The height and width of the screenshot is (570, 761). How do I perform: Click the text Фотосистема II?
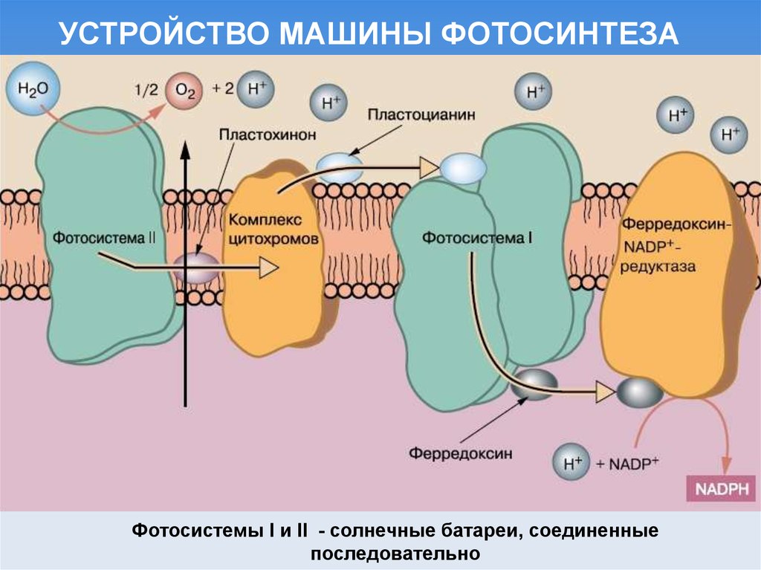click(x=104, y=239)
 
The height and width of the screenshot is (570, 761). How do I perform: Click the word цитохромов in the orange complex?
click(x=274, y=240)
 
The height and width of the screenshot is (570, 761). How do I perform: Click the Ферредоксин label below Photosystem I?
click(x=460, y=453)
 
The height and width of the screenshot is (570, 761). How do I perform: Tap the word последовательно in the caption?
click(x=395, y=554)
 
